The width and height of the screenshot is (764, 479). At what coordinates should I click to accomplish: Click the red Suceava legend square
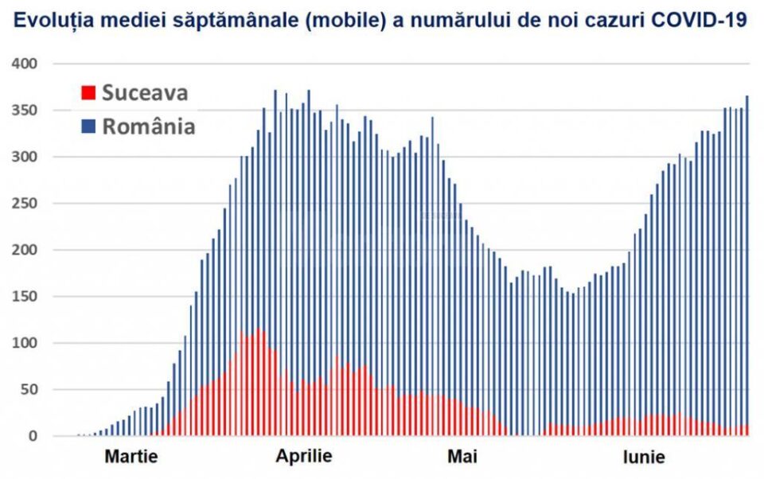[88, 93]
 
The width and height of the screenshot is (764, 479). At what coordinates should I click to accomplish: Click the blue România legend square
[88, 127]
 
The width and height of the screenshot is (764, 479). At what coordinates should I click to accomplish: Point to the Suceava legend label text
[145, 93]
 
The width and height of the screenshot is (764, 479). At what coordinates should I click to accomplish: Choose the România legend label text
[149, 127]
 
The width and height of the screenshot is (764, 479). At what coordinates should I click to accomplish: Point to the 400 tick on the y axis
[30, 64]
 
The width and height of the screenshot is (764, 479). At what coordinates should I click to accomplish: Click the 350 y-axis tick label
[30, 110]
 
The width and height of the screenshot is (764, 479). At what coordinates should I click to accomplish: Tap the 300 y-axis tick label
[30, 157]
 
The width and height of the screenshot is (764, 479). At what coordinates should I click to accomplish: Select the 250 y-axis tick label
[30, 204]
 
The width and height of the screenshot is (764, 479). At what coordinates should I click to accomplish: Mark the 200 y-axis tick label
[30, 250]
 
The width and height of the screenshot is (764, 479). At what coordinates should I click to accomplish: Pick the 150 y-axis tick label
[30, 297]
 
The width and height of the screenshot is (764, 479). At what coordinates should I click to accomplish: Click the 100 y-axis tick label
[30, 343]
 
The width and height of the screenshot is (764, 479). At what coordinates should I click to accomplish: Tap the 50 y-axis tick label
[34, 390]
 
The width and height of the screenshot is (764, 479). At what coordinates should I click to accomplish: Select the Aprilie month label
[304, 458]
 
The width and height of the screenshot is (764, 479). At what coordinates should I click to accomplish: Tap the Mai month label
[462, 458]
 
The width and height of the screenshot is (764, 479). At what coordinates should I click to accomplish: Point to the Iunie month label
[644, 458]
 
